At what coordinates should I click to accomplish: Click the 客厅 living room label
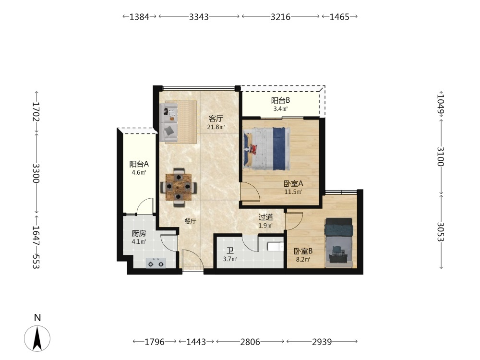216,119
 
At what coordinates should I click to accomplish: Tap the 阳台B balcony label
280,100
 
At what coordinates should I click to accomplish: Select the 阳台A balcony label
139,164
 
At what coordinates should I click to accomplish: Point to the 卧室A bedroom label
293,184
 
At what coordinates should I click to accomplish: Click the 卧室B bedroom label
303,252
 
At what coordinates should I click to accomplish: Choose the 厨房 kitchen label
139,234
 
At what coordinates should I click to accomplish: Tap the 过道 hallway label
265,217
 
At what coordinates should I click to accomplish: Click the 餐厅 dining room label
190,221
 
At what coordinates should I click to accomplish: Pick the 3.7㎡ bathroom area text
230,259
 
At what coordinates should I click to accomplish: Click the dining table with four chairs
179,187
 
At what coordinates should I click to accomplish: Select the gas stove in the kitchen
156,263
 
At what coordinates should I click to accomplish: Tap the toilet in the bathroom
275,246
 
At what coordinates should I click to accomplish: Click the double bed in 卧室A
266,148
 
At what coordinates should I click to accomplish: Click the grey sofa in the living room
168,122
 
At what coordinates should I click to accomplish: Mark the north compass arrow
37,338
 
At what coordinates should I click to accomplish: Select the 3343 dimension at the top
199,17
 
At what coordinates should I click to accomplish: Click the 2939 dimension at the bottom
322,342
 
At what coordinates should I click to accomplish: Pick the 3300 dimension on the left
36,173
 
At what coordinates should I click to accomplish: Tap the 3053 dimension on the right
440,232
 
